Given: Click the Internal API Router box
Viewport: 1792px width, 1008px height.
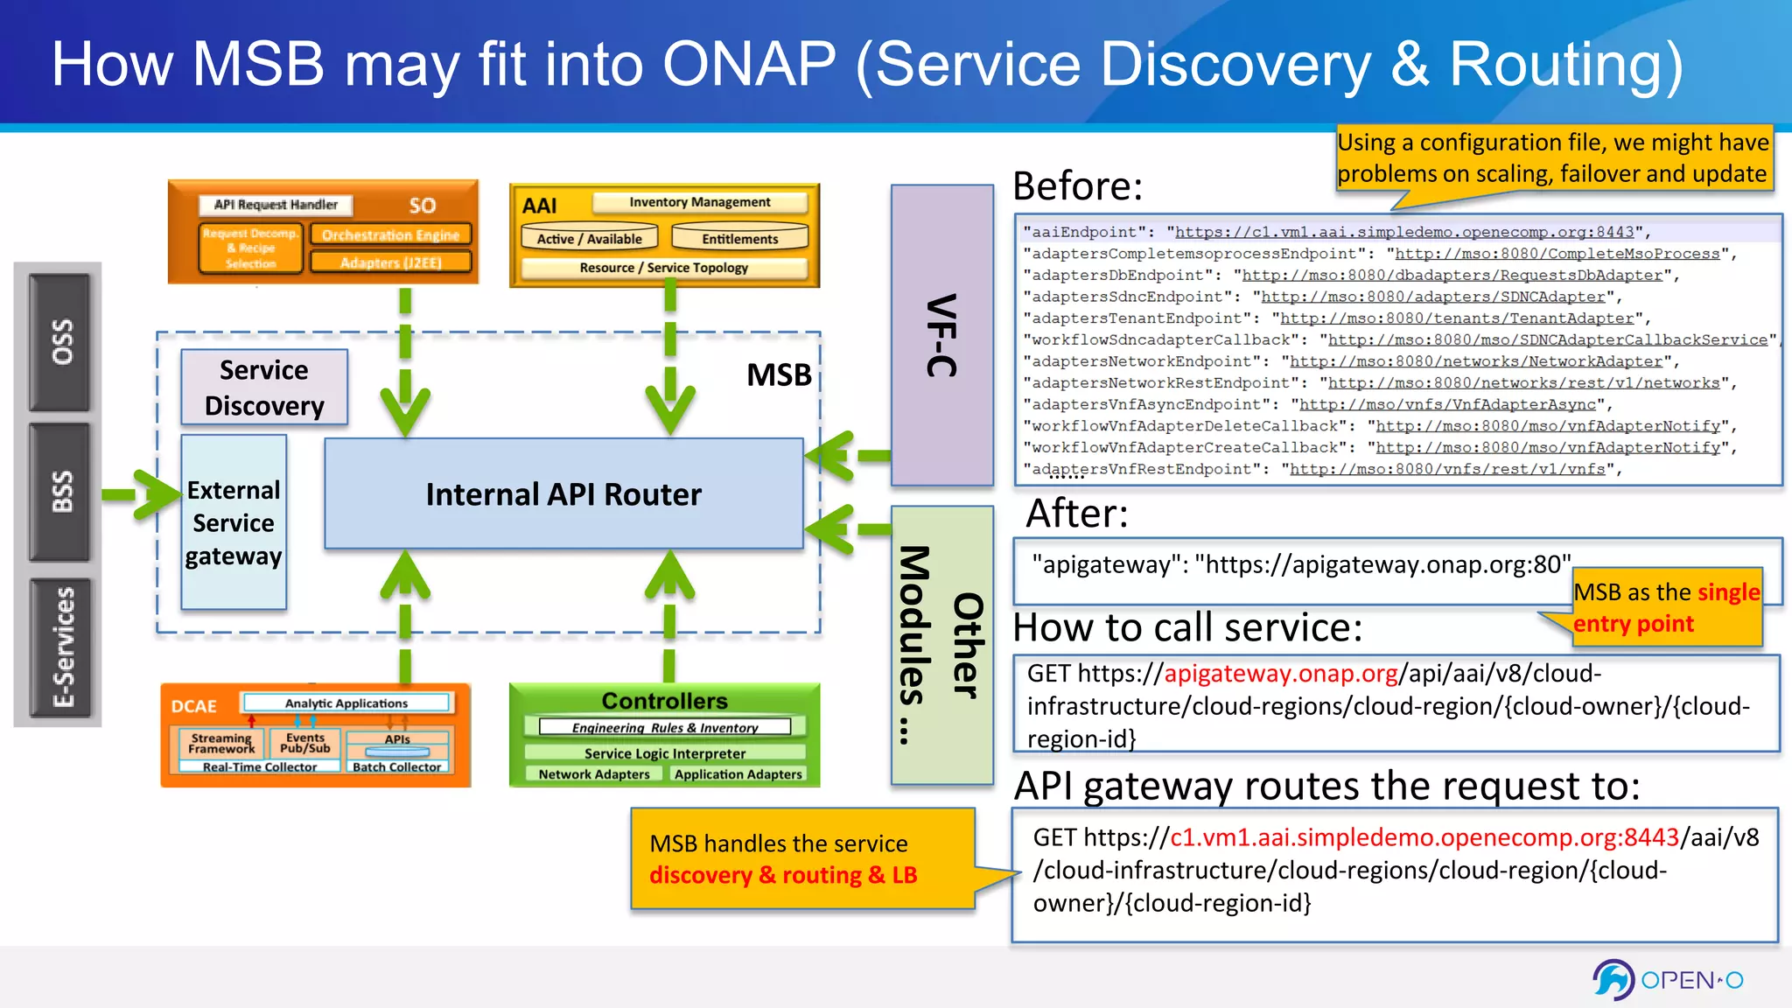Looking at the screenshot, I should [x=563, y=494].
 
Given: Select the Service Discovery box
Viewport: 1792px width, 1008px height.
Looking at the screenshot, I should [x=264, y=388].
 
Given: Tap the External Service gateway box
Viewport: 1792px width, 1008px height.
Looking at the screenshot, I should [x=234, y=522].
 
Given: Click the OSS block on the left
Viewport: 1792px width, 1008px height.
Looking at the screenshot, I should [x=59, y=342].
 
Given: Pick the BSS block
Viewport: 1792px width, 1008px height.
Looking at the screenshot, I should [x=59, y=492].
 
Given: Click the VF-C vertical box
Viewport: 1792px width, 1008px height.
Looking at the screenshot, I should [x=941, y=335].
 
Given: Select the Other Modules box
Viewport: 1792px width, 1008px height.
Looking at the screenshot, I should [x=941, y=646].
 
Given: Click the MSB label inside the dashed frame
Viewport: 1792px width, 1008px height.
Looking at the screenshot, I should [x=779, y=374].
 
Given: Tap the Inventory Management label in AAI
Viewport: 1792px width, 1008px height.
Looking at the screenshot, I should [x=699, y=202].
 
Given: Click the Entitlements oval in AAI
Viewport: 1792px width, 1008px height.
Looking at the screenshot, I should [x=739, y=238].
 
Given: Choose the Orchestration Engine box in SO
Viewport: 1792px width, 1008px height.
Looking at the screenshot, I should [x=390, y=234].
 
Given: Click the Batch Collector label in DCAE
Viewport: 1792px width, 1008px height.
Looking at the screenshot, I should [x=396, y=767].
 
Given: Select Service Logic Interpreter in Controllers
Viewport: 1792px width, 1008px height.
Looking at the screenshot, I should [x=664, y=753].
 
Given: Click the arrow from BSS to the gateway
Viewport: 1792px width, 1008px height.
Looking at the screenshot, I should [x=140, y=494].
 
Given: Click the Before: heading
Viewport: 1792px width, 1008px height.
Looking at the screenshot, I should [x=1077, y=186].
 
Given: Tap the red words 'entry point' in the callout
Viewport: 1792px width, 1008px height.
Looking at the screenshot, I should [x=1633, y=624].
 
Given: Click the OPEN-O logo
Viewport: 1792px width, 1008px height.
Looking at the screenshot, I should [x=1668, y=979].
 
